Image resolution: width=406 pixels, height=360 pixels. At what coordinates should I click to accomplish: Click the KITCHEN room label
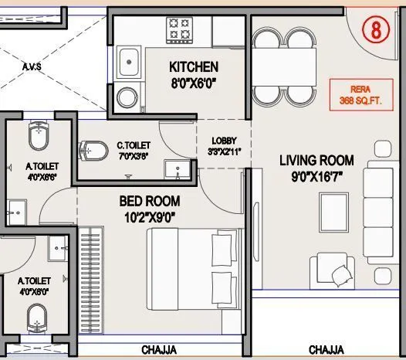pyautogui.click(x=194, y=67)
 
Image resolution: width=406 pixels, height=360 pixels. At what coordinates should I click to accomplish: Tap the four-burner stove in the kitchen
pyautogui.click(x=180, y=32)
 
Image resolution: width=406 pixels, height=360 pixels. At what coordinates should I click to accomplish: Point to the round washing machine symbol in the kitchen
pyautogui.click(x=127, y=97)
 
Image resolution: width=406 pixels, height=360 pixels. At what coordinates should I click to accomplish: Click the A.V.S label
pyautogui.click(x=31, y=66)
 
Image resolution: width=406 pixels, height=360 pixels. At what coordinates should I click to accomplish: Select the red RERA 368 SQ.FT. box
pyautogui.click(x=356, y=94)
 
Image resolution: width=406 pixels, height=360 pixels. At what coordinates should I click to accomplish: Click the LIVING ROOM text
pyautogui.click(x=316, y=161)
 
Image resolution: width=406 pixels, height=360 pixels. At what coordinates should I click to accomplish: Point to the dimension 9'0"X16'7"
pyautogui.click(x=316, y=177)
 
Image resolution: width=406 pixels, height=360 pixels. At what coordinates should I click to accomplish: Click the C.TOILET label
pyautogui.click(x=134, y=145)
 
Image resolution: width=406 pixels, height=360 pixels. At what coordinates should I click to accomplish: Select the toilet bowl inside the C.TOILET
pyautogui.click(x=94, y=148)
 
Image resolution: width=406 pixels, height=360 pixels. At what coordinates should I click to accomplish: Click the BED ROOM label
pyautogui.click(x=149, y=202)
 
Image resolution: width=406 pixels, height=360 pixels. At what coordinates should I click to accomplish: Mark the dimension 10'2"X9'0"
pyautogui.click(x=149, y=217)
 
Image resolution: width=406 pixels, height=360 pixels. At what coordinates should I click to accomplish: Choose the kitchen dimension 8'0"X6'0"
pyautogui.click(x=193, y=83)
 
